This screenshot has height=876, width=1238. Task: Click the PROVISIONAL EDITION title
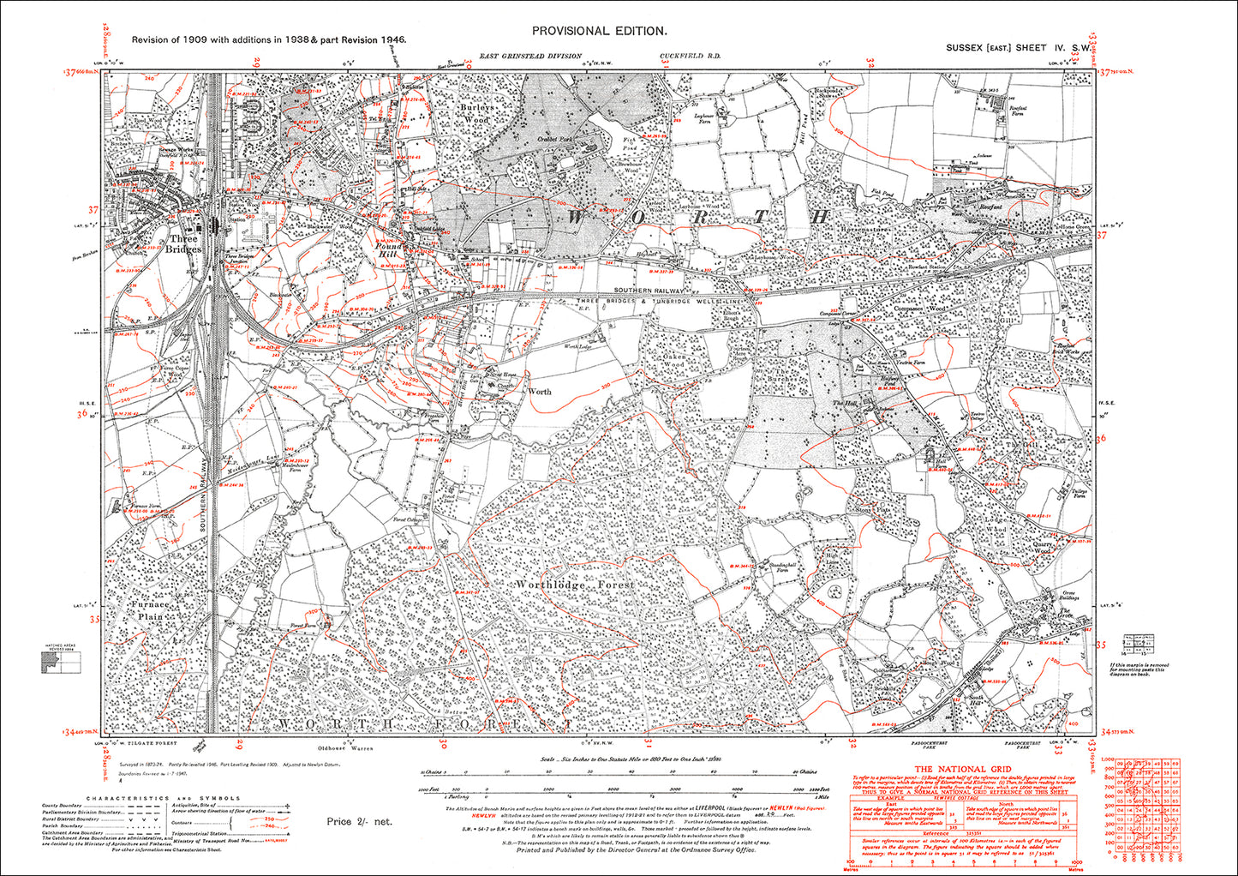(599, 31)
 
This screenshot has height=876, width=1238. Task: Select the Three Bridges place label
(184, 243)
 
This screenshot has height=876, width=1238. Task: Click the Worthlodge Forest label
(575, 585)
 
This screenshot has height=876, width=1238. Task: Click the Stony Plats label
(873, 510)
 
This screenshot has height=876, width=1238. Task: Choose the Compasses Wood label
(918, 309)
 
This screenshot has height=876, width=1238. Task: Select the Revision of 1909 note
(267, 39)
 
